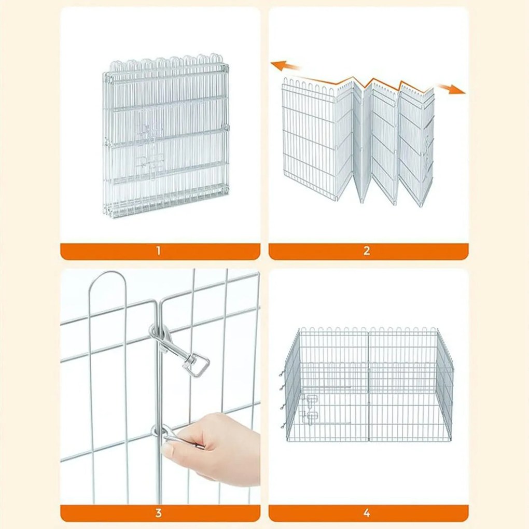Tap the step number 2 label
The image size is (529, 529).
(367, 251)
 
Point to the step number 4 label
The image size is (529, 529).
(367, 513)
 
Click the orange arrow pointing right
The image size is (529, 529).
(450, 88)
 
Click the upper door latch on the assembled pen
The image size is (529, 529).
(312, 400)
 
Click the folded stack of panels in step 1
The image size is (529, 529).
(165, 140)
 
